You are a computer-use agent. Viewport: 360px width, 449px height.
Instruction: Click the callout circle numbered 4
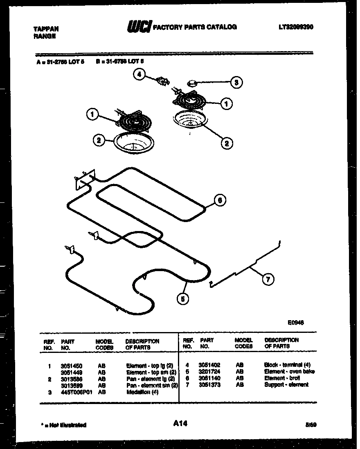point(139,75)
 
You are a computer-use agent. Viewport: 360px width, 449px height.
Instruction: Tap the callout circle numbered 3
point(236,82)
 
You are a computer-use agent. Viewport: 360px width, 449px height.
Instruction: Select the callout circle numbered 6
point(220,200)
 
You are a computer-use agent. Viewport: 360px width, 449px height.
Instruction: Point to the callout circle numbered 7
point(268,280)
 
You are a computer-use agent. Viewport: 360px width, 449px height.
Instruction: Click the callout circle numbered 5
point(183,299)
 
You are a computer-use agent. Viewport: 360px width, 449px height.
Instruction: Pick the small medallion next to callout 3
point(191,84)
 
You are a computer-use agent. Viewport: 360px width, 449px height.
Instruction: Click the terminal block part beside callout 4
point(163,82)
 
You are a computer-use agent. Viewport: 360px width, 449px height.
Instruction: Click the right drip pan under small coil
point(191,121)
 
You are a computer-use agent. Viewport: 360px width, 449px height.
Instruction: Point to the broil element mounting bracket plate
point(85,179)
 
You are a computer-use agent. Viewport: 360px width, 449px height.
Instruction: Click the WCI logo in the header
point(139,27)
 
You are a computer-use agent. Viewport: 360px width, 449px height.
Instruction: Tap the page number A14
point(180,424)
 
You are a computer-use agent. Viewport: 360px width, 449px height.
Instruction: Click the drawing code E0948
point(295,322)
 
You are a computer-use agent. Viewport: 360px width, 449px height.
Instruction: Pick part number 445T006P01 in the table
point(76,392)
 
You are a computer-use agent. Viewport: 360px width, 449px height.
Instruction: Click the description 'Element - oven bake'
point(289,372)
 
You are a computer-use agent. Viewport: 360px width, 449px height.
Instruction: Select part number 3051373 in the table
point(209,385)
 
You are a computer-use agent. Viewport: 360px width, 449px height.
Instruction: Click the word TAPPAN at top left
point(45,29)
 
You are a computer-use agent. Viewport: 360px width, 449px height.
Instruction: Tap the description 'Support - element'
point(286,385)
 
